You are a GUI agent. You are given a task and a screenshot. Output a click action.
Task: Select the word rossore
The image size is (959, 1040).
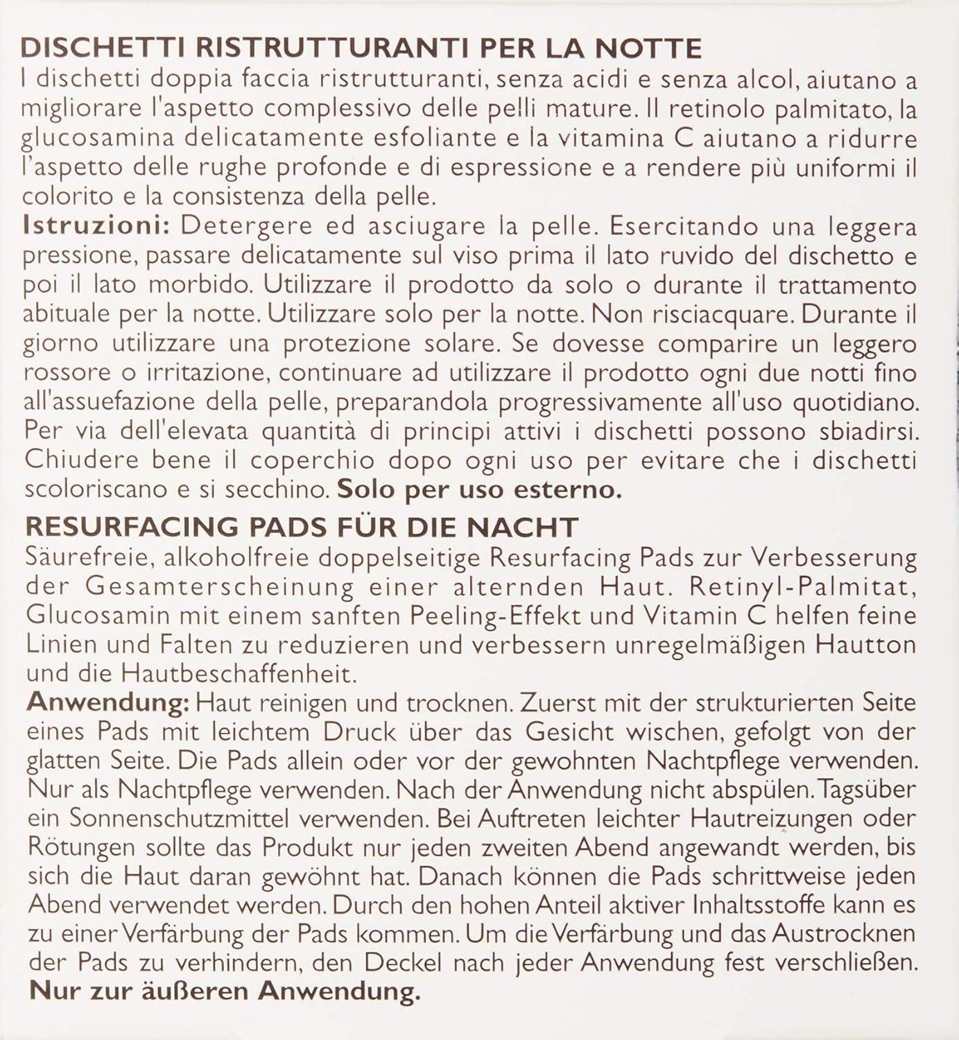coord(67,373)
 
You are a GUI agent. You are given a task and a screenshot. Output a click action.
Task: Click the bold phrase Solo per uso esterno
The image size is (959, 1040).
coord(479,489)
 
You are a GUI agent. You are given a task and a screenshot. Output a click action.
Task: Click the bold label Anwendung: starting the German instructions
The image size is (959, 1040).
coord(107,702)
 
